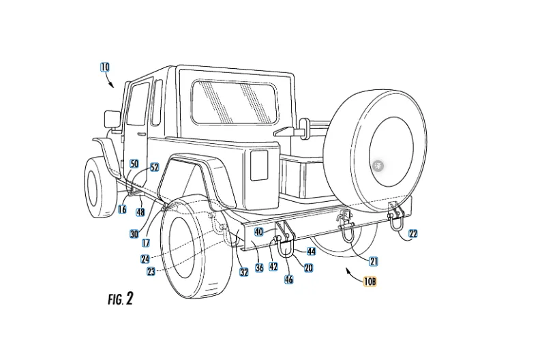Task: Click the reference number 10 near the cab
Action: pyautogui.click(x=104, y=67)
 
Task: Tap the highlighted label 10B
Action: pyautogui.click(x=370, y=279)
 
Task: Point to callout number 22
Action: pyautogui.click(x=413, y=234)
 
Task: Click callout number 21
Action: pyautogui.click(x=374, y=260)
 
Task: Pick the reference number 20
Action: pyautogui.click(x=308, y=268)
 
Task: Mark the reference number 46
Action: pyautogui.click(x=289, y=280)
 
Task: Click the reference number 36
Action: pyautogui.click(x=260, y=268)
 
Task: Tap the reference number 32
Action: pyautogui.click(x=243, y=272)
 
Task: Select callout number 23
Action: pyautogui.click(x=151, y=271)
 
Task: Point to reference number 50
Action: pyautogui.click(x=134, y=164)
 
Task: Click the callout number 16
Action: pyautogui.click(x=122, y=210)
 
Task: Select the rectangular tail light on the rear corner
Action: pyautogui.click(x=259, y=165)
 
